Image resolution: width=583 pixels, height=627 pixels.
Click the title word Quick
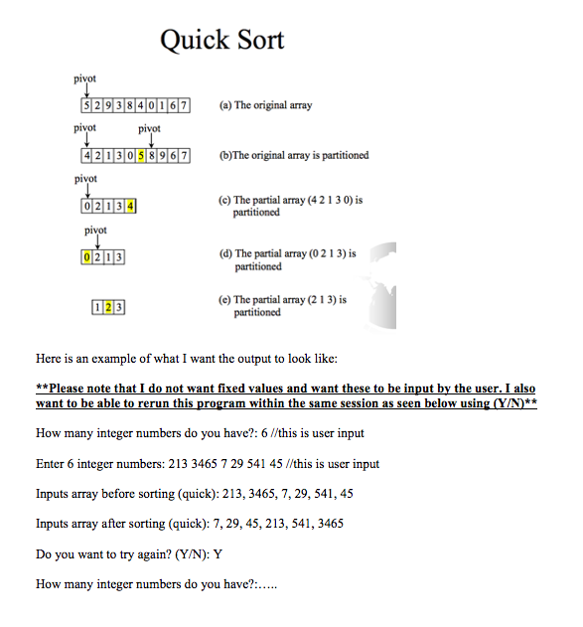tap(193, 41)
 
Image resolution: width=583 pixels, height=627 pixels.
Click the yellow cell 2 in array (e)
tap(107, 307)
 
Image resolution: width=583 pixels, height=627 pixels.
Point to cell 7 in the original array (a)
tap(184, 105)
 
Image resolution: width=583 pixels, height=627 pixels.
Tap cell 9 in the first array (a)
tap(107, 105)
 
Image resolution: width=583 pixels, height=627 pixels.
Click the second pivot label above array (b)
tap(149, 129)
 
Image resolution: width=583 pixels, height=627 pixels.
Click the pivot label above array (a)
tap(85, 78)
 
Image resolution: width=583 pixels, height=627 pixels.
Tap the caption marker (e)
tap(224, 299)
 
